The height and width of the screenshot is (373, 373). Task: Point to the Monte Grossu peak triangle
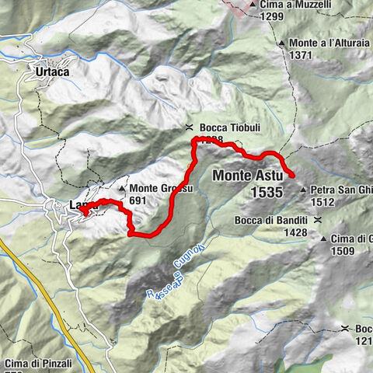123,189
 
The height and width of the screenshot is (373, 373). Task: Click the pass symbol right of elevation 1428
319,221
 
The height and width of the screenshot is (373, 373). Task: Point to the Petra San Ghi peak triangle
303,189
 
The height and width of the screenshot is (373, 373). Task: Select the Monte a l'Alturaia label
326,43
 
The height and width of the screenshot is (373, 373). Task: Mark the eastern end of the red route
292,176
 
